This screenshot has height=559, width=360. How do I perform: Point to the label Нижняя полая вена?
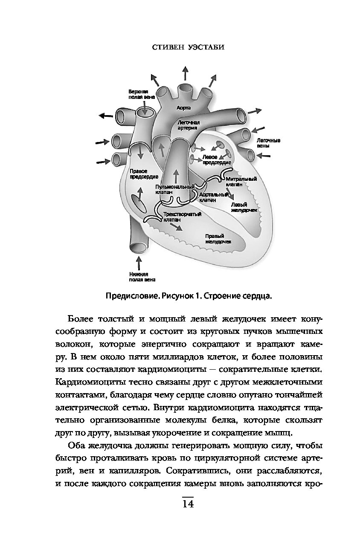point(139,277)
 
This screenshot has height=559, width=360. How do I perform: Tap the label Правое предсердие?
point(144,174)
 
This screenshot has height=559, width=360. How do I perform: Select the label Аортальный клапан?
point(213,197)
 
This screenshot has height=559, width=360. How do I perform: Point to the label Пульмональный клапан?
point(175,189)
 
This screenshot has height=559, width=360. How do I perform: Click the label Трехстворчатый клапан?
point(180,217)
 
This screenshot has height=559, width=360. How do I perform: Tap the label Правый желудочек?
point(218,238)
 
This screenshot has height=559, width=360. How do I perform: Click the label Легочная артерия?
point(188,125)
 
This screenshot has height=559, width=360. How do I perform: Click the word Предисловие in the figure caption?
point(127,296)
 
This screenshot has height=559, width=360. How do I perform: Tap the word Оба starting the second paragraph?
point(77,446)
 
